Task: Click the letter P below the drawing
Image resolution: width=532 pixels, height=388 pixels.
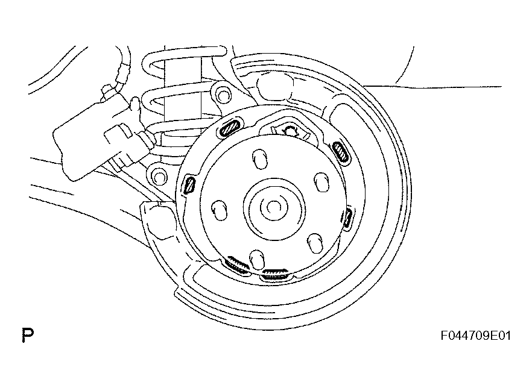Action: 28,335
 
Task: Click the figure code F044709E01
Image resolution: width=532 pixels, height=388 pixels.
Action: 476,336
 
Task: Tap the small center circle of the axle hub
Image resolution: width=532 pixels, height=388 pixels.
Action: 273,207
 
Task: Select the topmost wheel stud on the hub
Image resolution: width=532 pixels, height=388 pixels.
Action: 260,158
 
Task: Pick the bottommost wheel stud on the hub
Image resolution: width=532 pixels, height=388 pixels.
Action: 257,260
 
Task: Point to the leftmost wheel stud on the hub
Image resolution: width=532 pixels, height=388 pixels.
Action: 220,210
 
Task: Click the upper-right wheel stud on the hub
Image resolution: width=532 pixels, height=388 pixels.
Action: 321,181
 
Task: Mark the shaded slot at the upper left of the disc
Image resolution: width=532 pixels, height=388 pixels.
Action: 230,127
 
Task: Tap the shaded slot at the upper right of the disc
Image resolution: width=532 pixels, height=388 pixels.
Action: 340,151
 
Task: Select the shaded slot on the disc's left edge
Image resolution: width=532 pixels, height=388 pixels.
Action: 189,185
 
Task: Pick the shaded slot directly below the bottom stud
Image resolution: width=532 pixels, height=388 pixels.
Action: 275,274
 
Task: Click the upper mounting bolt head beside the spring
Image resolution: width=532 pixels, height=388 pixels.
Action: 223,96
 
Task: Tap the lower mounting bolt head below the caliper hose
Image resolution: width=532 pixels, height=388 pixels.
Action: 159,176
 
